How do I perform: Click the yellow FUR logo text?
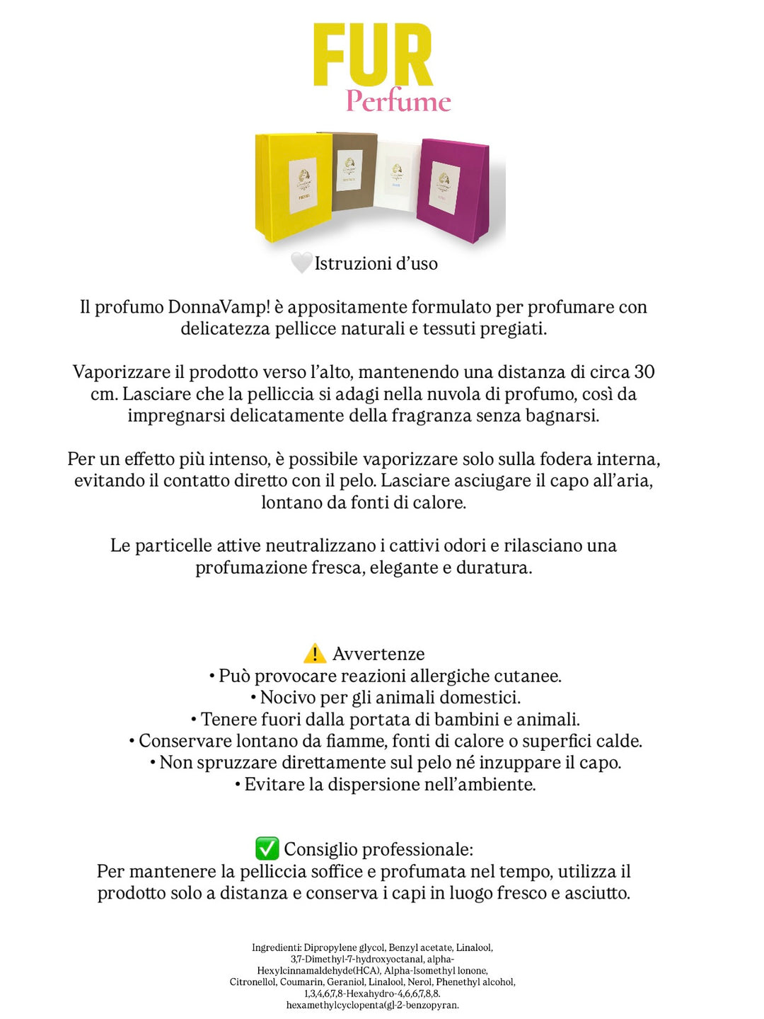(x=373, y=55)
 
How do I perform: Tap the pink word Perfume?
(x=398, y=101)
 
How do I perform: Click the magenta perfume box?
(x=453, y=188)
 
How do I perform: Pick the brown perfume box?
(x=353, y=170)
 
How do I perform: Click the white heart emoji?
(x=301, y=263)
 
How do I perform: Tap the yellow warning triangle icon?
(x=314, y=653)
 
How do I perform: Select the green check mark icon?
(x=267, y=848)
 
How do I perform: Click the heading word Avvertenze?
(x=378, y=654)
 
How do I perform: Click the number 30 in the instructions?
(x=644, y=372)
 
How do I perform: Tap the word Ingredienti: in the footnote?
(x=277, y=948)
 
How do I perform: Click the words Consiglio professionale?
(x=378, y=849)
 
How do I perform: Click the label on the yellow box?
(x=303, y=185)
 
